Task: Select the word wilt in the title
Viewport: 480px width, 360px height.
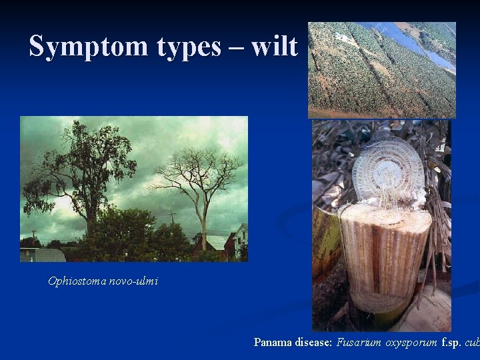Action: (275, 47)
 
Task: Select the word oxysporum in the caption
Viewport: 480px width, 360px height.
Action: (409, 343)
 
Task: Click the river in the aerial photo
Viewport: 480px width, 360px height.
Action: (413, 43)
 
